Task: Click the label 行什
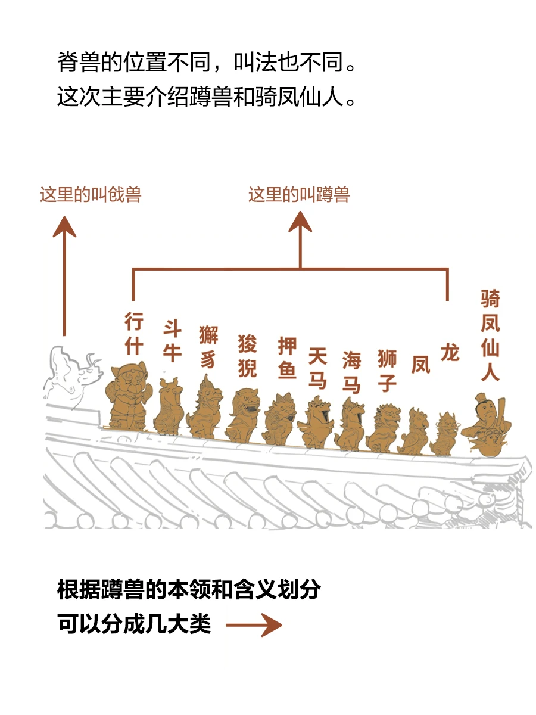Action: point(134,333)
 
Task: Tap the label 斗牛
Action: point(172,340)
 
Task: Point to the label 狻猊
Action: point(247,356)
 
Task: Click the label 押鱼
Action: point(287,357)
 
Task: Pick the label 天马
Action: point(317,368)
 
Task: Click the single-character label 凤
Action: point(420,365)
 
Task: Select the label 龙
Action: point(450,353)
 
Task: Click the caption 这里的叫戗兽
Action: point(91,195)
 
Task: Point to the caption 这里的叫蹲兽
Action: point(299,195)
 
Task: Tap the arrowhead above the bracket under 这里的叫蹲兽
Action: point(300,222)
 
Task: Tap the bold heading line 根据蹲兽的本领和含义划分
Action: point(189,590)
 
